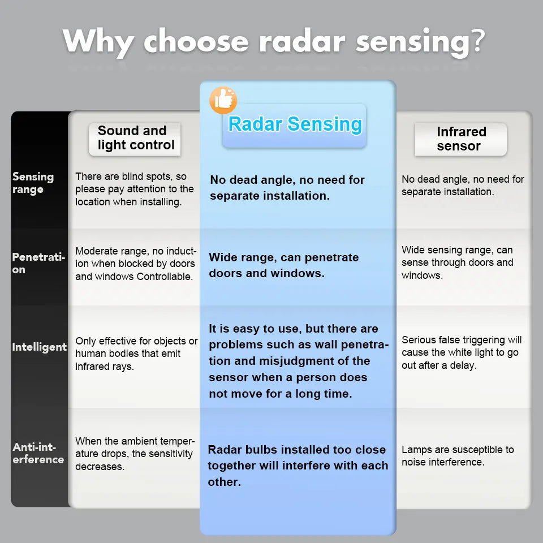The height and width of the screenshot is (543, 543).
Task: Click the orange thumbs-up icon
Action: coord(223,100)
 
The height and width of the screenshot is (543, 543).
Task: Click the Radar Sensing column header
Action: coord(294,125)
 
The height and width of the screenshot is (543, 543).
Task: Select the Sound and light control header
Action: coord(135,138)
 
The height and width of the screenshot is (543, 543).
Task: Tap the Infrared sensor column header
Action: coord(460,139)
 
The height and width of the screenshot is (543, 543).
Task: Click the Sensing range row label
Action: coord(33,183)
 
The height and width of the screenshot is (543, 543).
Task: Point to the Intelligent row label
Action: coord(39,347)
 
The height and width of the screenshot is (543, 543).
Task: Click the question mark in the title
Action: coord(478,42)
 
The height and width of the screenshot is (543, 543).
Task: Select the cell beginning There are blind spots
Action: coord(135,189)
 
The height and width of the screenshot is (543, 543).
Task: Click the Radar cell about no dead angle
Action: coord(287,188)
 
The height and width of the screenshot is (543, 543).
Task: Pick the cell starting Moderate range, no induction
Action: coord(136,264)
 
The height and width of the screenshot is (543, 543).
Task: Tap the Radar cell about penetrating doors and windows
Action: coord(284,265)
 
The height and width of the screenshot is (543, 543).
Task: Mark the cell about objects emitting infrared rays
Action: coord(136,354)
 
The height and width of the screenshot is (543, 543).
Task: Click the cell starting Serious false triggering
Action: coord(462,352)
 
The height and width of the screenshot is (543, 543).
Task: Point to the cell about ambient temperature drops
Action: coord(135,454)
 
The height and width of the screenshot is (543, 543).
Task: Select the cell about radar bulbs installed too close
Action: coord(298,466)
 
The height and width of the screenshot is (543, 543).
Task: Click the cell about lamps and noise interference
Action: coord(458,456)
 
